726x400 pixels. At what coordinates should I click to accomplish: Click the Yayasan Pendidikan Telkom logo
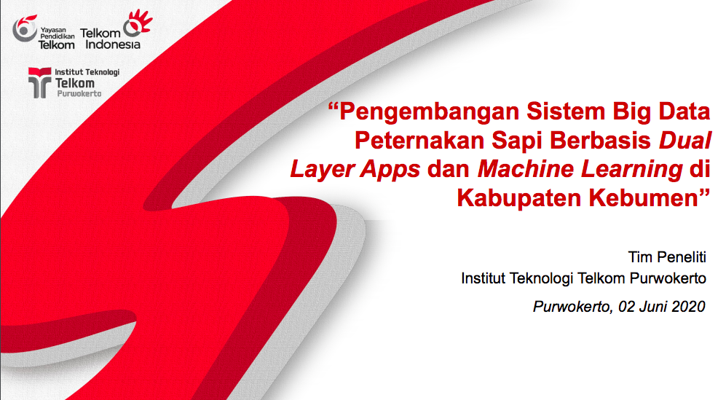point(44,33)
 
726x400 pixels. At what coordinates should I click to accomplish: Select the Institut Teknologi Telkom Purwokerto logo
point(74,82)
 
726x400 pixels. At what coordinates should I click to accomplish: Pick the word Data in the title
point(684,111)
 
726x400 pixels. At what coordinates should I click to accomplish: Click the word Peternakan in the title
point(419,141)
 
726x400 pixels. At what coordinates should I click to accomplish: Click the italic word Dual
point(684,141)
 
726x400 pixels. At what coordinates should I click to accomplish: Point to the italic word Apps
point(390,170)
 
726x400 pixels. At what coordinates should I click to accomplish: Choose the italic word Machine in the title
point(526,169)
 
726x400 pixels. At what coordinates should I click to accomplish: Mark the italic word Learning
point(631,170)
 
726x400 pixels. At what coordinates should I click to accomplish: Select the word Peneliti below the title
point(681,256)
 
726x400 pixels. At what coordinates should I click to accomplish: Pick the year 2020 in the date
point(688,306)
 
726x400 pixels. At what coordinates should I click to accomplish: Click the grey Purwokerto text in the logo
point(79,94)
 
